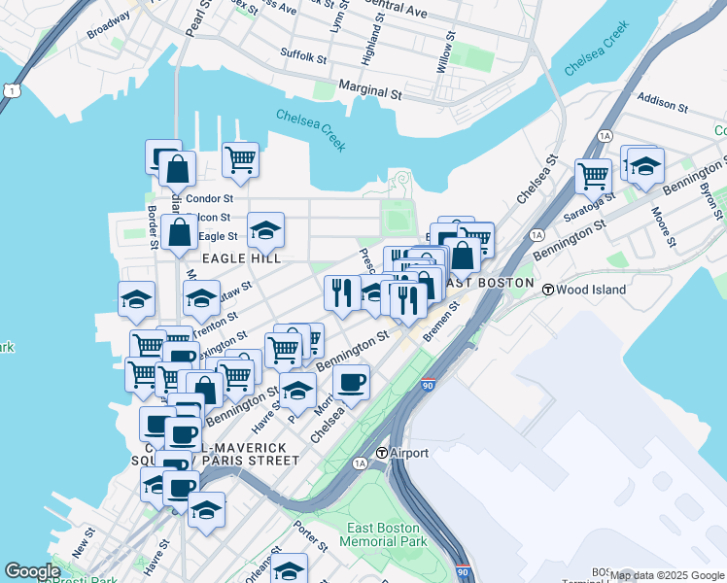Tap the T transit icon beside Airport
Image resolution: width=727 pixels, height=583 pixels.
(x=382, y=453)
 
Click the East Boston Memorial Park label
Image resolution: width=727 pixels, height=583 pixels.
(x=386, y=534)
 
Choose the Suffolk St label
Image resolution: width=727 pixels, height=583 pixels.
(x=303, y=56)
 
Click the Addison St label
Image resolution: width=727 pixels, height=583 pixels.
(x=664, y=102)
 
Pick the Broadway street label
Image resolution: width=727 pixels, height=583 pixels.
(x=108, y=24)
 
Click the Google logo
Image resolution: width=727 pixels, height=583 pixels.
(x=32, y=571)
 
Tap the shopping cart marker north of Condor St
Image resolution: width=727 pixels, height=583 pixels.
(x=240, y=158)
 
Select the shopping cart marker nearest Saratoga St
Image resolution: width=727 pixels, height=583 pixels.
(x=593, y=176)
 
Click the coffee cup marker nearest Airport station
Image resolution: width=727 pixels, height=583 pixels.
(x=352, y=381)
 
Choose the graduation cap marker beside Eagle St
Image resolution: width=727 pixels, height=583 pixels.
(x=265, y=229)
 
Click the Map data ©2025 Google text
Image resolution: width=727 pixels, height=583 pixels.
(x=668, y=575)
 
